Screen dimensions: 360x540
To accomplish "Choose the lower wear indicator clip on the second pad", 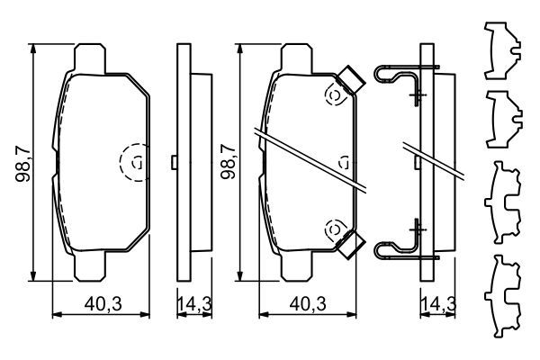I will [x=350, y=242].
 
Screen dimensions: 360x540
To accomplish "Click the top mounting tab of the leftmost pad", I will [x=88, y=56].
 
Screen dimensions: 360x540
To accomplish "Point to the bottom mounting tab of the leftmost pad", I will [x=88, y=269].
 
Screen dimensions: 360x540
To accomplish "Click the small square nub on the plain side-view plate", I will [x=172, y=162].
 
